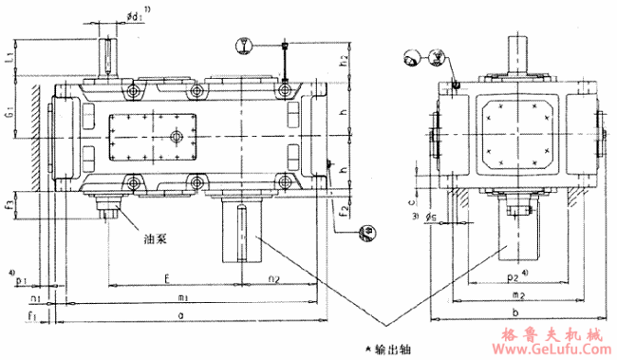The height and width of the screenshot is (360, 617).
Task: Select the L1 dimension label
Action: tap(9, 58)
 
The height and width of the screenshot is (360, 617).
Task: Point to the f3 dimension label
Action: tap(9, 203)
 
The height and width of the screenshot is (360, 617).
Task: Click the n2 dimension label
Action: tap(272, 279)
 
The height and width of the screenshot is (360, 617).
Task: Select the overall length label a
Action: tap(180, 313)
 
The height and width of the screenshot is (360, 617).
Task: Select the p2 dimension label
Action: tap(514, 279)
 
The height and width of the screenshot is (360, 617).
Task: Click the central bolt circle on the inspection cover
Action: tap(175, 137)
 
